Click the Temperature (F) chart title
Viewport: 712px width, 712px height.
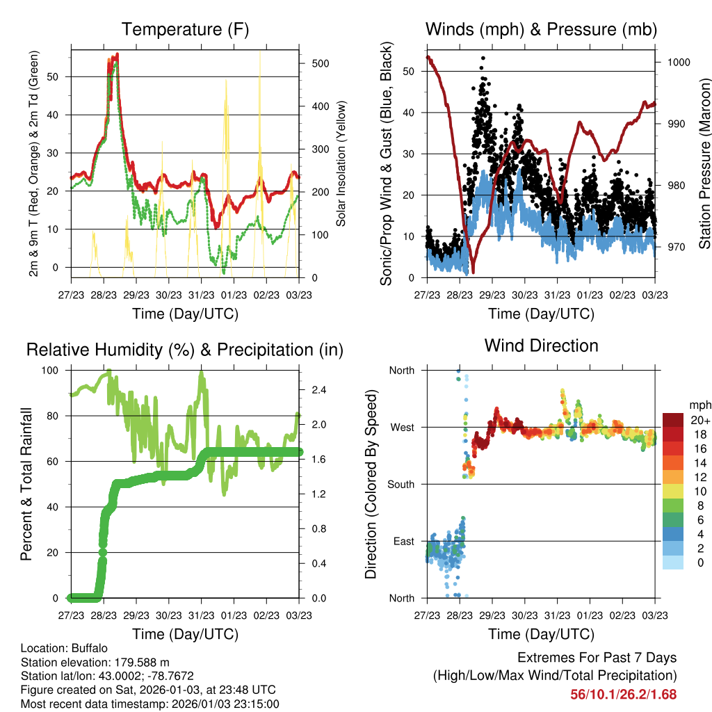185,30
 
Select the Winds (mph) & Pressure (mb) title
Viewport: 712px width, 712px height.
541,30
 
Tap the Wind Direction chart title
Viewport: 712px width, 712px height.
541,346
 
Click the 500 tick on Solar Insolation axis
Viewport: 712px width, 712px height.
320,63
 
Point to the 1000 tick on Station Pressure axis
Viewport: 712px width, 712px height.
678,62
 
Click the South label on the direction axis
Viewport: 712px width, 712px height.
401,484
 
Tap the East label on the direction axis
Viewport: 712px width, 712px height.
403,541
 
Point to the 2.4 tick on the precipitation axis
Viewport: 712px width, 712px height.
318,389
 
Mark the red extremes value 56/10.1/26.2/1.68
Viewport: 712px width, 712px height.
623,694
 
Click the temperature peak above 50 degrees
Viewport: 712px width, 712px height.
117,55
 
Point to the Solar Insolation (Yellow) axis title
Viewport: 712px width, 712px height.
341,163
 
